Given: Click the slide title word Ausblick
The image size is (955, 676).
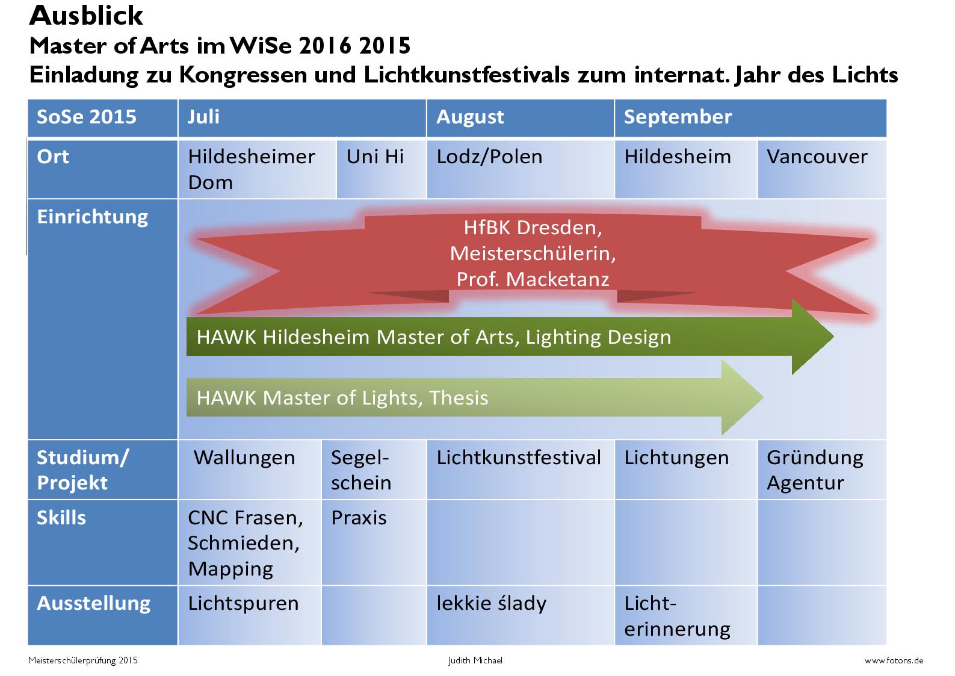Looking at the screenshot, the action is click(x=85, y=16).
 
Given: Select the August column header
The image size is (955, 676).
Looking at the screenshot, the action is click(x=520, y=118).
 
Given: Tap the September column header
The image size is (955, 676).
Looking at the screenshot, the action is click(x=750, y=118).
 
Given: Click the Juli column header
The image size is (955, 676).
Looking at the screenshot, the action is click(x=302, y=118).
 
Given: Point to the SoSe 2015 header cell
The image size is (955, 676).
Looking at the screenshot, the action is click(x=103, y=118).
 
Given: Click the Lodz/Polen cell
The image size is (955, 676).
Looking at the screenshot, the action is click(x=520, y=169).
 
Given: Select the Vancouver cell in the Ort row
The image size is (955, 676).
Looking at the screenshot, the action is click(x=822, y=169).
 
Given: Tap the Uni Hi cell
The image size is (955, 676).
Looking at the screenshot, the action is click(x=381, y=169).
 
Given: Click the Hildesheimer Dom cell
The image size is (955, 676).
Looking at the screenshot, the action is click(x=257, y=169).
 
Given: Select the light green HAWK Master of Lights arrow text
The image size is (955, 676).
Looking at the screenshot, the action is click(x=342, y=398).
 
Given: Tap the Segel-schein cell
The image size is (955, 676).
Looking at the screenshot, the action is click(x=374, y=470).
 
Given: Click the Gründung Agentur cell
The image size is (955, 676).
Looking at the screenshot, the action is click(x=822, y=470).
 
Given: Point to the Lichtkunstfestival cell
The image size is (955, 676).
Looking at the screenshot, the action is click(x=520, y=470).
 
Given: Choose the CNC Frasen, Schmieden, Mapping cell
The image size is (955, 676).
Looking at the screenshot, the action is click(x=249, y=542).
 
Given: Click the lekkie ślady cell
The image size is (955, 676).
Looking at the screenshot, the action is click(x=520, y=615).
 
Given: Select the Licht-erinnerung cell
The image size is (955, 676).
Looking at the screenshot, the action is click(x=686, y=615).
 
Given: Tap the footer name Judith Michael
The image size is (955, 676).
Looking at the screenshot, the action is click(x=475, y=660).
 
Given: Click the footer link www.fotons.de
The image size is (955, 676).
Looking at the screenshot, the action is click(x=894, y=660).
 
